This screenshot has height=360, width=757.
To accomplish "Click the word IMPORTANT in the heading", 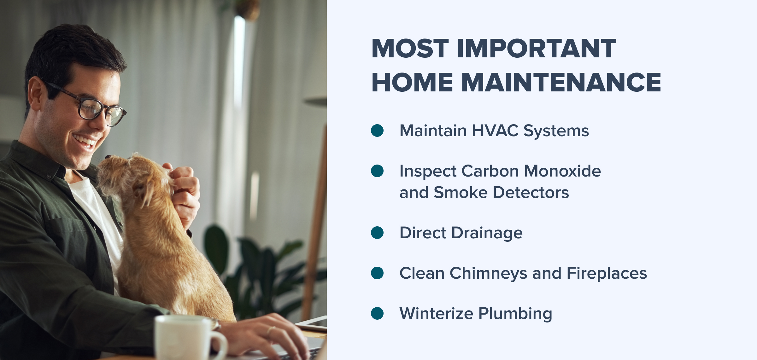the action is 536,49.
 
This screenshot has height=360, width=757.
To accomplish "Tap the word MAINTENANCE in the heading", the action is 561,82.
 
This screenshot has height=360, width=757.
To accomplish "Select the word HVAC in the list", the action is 495,131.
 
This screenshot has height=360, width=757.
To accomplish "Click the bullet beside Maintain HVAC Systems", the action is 377,131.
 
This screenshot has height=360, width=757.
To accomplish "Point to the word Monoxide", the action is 562,171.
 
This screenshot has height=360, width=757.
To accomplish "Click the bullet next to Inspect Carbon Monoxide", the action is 377,171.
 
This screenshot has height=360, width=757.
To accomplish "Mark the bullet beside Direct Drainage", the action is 377,233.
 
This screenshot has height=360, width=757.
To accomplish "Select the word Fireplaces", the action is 607,274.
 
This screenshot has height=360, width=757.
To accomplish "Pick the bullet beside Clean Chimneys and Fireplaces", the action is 377,273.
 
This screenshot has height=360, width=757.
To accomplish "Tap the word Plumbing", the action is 515,314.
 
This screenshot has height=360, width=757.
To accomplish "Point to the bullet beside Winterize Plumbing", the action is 377,313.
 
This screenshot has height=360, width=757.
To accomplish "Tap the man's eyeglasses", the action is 91,106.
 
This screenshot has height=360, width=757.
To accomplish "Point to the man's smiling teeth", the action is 85,141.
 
